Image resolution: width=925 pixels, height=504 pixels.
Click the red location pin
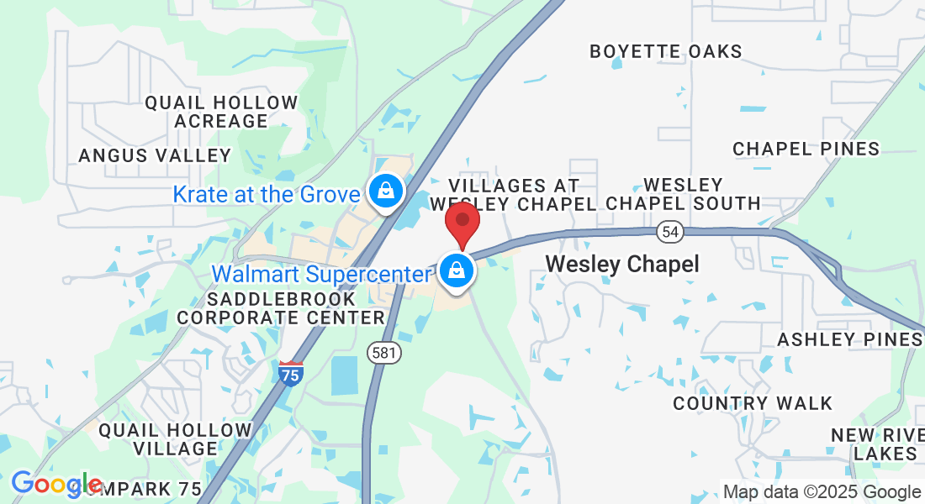coord(462,221)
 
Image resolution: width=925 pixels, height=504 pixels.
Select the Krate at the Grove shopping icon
coord(385,192)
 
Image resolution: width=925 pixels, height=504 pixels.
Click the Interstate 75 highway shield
coord(290,372)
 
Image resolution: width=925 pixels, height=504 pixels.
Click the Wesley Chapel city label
coord(622,265)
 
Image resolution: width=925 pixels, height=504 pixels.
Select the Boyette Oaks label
coord(666,51)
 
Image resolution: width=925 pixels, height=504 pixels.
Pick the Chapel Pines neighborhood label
coord(806,149)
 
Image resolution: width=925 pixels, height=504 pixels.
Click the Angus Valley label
coord(155,155)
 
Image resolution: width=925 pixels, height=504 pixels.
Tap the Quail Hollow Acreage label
coord(221,112)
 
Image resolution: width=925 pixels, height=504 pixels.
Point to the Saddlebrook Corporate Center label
coord(281,308)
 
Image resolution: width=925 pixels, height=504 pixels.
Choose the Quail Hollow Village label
coord(175,439)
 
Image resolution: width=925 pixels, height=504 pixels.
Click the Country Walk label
coord(753,403)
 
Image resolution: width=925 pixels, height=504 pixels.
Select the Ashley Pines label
coord(849,339)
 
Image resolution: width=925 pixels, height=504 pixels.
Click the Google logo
coord(56,484)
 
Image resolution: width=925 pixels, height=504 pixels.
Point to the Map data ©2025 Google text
coord(822,492)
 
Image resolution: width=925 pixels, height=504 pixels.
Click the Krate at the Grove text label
coord(267,195)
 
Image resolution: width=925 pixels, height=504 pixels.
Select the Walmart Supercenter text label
coord(321,274)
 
